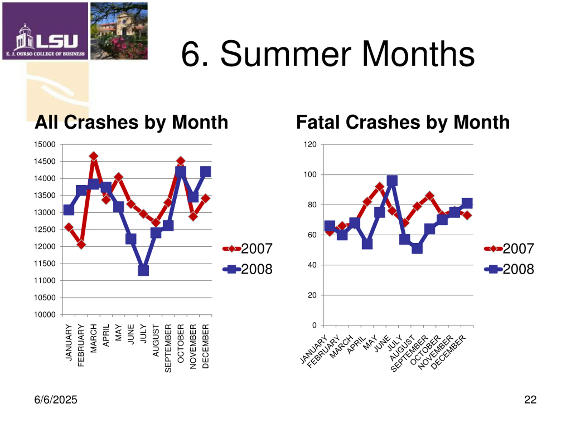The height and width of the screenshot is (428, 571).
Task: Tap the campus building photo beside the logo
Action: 119,31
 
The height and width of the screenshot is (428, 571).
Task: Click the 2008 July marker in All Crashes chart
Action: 143,270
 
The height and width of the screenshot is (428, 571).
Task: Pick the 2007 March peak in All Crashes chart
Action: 94,156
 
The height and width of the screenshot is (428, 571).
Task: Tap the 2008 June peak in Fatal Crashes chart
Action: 392,181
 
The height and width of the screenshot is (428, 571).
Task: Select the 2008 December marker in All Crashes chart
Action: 205,172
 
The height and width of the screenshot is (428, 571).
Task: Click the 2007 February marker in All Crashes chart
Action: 81,244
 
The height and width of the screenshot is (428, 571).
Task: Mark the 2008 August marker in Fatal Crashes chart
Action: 417,249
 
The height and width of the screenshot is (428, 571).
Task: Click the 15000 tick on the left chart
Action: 45,144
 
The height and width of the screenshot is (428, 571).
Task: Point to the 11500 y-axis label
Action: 45,264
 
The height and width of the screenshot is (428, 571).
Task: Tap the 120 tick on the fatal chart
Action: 310,144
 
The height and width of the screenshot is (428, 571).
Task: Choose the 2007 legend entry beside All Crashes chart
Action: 248,249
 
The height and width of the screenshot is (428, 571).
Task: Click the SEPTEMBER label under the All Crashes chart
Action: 168,348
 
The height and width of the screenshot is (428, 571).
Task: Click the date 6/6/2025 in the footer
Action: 56,400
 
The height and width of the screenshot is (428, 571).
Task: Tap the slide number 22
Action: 530,400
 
